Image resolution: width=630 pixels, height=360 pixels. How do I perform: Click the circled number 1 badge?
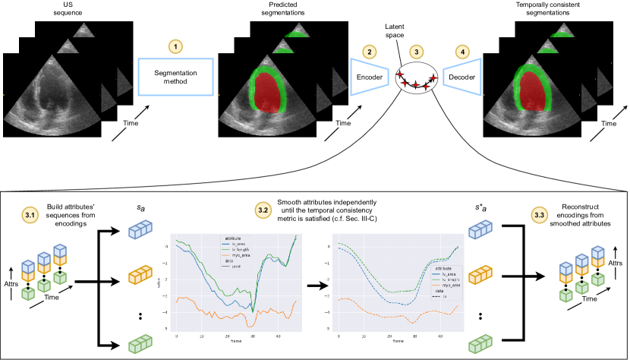pyautogui.click(x=175, y=47)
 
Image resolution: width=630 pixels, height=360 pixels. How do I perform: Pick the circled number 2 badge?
pyautogui.click(x=369, y=51)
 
